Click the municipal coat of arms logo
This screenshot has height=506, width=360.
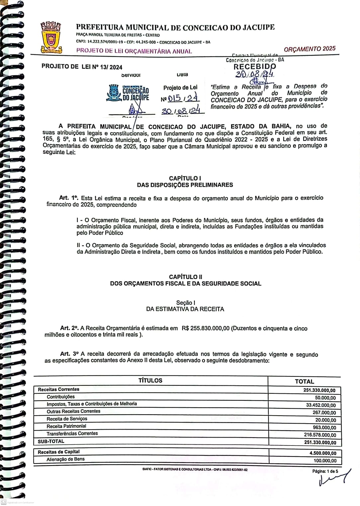tap(51, 37)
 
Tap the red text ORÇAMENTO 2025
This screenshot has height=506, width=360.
tap(310, 49)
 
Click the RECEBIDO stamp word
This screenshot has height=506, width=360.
tap(254, 66)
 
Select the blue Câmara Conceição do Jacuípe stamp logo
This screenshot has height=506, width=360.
tap(128, 93)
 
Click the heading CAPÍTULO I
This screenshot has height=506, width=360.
tap(185, 178)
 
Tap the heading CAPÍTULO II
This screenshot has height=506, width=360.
tap(185, 277)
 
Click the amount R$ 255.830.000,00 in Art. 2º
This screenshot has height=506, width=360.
tap(206, 328)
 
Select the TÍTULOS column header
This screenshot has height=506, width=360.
tap(150, 381)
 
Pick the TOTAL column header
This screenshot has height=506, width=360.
tap(304, 381)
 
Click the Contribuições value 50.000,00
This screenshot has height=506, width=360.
tap(325, 398)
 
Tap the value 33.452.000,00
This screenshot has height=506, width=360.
tap(321, 405)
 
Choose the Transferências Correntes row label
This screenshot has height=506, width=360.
tap(72, 434)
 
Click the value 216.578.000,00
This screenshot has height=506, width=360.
tap(320, 435)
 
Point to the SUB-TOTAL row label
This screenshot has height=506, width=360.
tap(51, 441)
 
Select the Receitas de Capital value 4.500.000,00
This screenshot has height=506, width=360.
tap(322, 453)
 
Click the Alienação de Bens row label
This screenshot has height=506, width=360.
tap(65, 459)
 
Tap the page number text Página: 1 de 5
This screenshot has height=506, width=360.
tap(325, 471)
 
